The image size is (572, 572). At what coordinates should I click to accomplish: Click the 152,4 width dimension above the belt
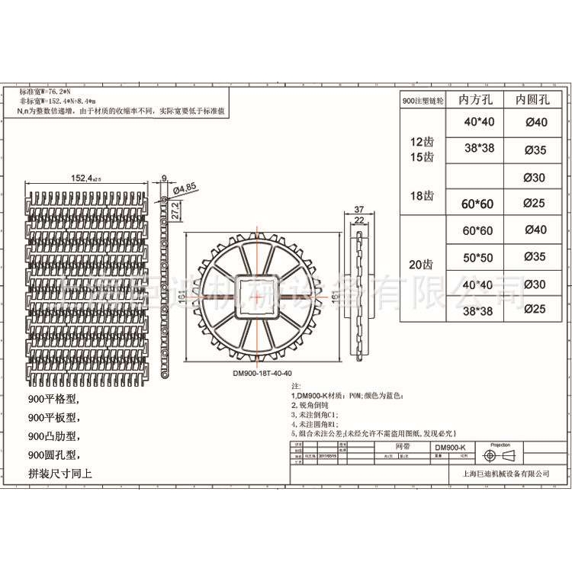pos(85,178)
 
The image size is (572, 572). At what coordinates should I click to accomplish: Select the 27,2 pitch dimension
pos(176,210)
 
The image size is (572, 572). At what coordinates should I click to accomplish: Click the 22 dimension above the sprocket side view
pos(358,220)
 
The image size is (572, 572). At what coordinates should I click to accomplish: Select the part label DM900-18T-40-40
pos(262,373)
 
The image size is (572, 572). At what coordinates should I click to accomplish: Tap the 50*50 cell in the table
pos(478,256)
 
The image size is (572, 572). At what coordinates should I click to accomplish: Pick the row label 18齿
pos(422,196)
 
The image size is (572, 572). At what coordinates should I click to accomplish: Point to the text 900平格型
pos(53,399)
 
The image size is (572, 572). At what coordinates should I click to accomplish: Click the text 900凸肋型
pos(53,436)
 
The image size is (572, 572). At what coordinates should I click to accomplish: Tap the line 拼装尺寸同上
pos(59,474)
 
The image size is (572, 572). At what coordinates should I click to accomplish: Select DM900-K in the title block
pos(455,447)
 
